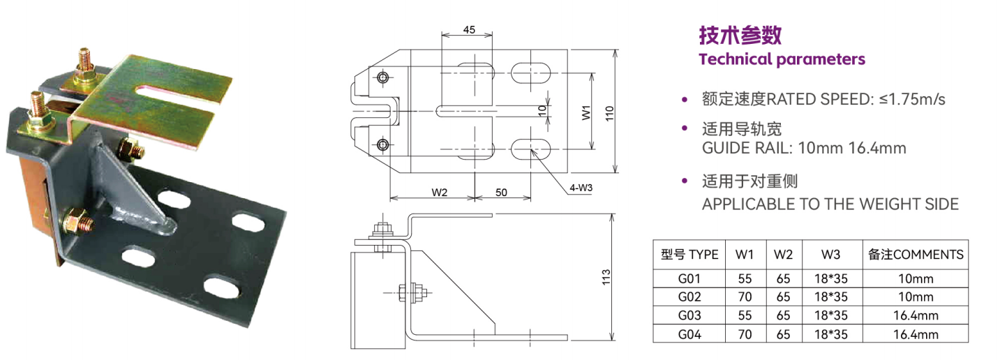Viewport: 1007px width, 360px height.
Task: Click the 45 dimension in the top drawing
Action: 469,29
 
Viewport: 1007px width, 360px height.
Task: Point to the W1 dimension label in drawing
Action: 586,111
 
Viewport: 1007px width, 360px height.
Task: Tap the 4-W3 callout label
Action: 581,188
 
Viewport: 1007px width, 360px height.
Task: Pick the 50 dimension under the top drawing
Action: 501,193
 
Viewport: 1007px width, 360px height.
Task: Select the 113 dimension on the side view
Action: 606,276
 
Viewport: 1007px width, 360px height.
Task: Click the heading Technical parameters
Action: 782,59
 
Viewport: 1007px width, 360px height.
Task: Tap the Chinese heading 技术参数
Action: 740,35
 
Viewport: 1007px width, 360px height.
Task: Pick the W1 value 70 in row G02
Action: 745,297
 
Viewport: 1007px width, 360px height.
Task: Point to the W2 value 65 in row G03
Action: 783,315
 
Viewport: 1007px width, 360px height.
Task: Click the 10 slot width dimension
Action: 541,110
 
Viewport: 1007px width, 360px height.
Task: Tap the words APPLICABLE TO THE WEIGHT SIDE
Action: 830,204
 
